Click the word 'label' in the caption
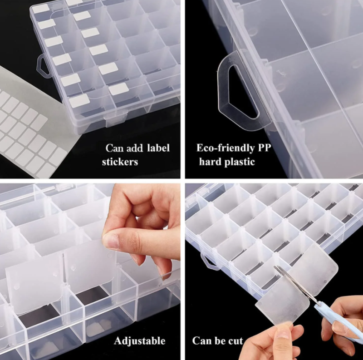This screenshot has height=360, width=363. pyautogui.click(x=158, y=148)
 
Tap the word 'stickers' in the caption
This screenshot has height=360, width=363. pyautogui.click(x=120, y=162)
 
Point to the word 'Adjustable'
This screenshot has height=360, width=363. pyautogui.click(x=140, y=341)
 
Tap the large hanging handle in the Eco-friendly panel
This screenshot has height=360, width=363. pyautogui.click(x=241, y=90)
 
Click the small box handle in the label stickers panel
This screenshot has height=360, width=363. pyautogui.click(x=44, y=66)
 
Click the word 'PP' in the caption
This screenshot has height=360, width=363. pyautogui.click(x=265, y=148)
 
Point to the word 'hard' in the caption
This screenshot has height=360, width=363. pyautogui.click(x=210, y=162)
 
